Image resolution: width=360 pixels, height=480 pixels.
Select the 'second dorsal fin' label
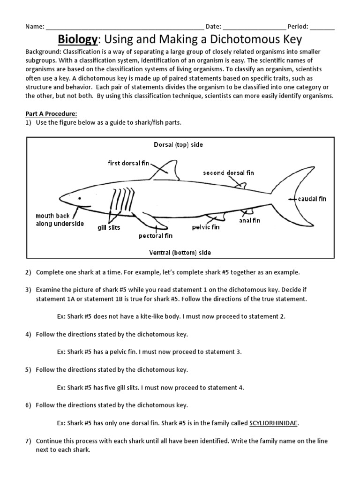pyautogui.click(x=228, y=173)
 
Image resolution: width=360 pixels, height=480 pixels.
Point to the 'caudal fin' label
pyautogui.click(x=312, y=199)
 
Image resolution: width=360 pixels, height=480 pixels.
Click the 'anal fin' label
pyautogui.click(x=250, y=220)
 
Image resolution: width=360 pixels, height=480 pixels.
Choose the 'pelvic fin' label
pyautogui.click(x=205, y=227)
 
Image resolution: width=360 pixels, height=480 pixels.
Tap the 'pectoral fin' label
pyautogui.click(x=156, y=236)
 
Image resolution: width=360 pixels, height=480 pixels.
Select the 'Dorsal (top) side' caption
pyautogui.click(x=178, y=145)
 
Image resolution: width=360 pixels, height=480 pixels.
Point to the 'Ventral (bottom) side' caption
pyautogui.click(x=180, y=253)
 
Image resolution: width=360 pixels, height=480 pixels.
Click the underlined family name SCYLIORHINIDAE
pyautogui.click(x=273, y=423)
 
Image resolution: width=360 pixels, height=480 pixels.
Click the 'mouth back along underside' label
pyautogui.click(x=60, y=220)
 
